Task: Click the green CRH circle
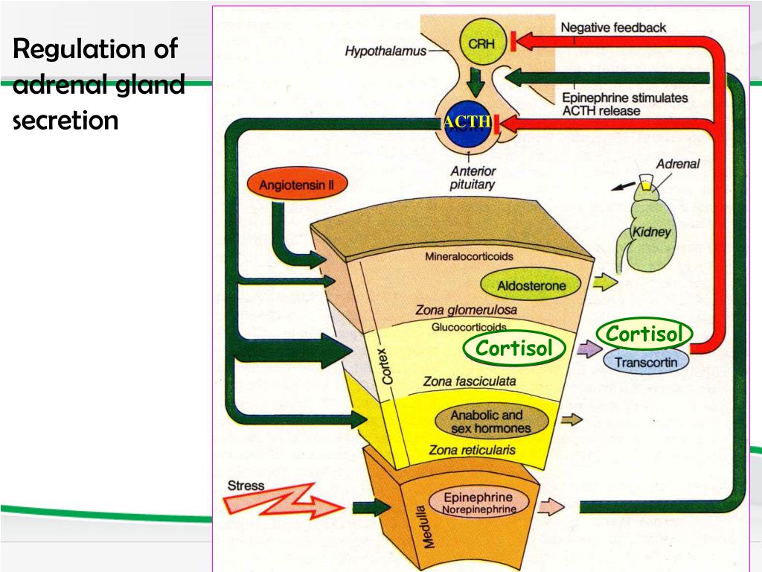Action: click(x=477, y=44)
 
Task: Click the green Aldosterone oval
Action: click(x=531, y=285)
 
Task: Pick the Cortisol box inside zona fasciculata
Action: click(x=515, y=348)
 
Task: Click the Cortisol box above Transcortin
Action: click(x=644, y=334)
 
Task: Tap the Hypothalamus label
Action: click(x=385, y=51)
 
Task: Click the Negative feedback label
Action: click(x=613, y=28)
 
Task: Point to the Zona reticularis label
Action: click(x=472, y=450)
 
